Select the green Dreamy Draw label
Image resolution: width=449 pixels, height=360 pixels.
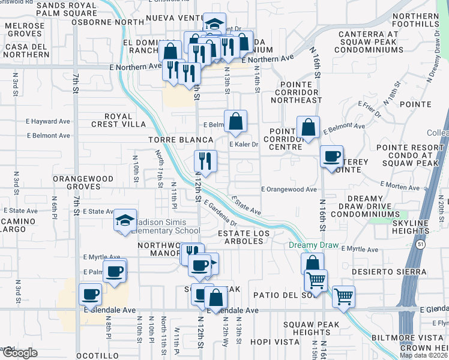point(313,246)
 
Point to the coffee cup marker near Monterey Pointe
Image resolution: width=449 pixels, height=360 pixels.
point(331,157)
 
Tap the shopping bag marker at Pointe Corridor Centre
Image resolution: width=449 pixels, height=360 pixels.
point(308,128)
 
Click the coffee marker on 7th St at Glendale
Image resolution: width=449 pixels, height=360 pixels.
point(90,295)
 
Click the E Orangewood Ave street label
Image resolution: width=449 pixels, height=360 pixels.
point(289,190)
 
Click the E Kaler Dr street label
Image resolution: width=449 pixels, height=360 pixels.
point(243,145)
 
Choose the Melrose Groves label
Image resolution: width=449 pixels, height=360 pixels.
point(26,30)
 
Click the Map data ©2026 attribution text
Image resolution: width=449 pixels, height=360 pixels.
point(424,355)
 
